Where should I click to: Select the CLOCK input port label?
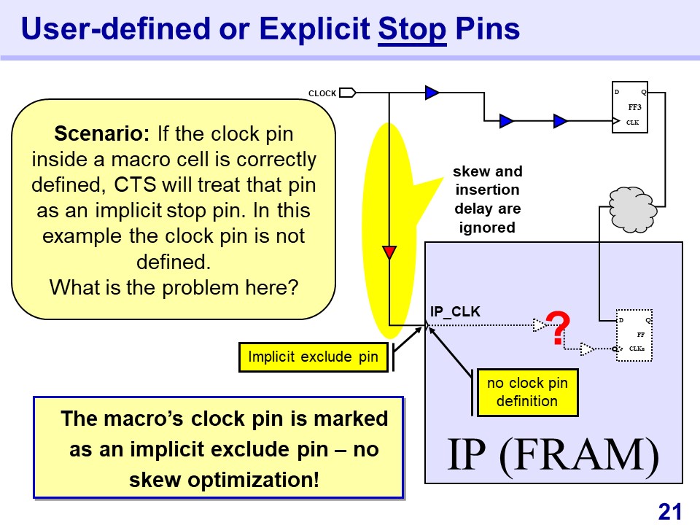tap(322, 93)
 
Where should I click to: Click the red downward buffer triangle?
tap(389, 253)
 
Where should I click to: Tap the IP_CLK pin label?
tap(455, 312)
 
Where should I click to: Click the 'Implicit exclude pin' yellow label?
tap(314, 357)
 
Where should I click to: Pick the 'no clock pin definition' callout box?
tap(527, 392)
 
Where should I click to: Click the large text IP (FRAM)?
tap(553, 456)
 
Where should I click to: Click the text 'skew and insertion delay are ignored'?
tap(487, 199)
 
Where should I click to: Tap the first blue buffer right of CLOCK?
tap(432, 93)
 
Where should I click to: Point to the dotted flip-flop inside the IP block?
tap(632, 335)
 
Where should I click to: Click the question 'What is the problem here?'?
tap(174, 287)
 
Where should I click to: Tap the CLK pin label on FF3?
tap(632, 122)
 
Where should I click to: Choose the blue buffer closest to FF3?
tap(561, 121)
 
